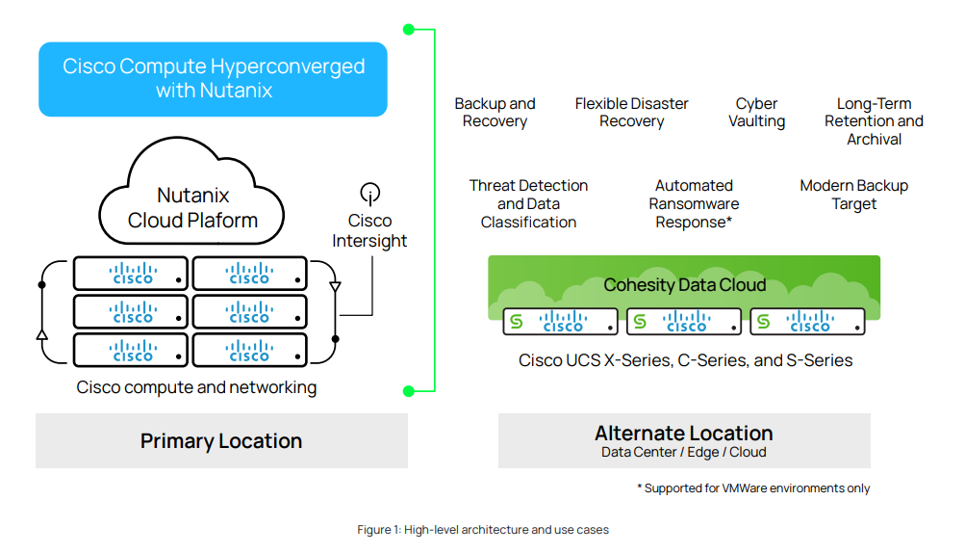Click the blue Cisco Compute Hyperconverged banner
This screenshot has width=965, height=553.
click(x=213, y=79)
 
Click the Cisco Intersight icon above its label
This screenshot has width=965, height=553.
click(x=369, y=193)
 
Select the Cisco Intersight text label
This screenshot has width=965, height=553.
click(x=369, y=231)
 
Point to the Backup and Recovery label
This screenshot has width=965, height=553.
click(x=495, y=113)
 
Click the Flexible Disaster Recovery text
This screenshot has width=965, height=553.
click(x=631, y=113)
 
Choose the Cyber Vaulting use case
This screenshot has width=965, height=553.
click(x=756, y=113)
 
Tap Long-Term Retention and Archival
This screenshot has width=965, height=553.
click(x=874, y=121)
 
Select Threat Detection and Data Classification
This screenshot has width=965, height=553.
click(x=528, y=203)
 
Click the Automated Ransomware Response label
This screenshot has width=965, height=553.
click(x=694, y=203)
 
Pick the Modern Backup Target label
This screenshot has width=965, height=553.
click(x=853, y=195)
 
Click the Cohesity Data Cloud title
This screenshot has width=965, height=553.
click(x=684, y=284)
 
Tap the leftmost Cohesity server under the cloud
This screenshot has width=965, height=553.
click(x=560, y=322)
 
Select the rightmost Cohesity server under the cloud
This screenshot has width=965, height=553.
click(x=806, y=322)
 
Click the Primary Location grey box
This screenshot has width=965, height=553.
click(x=221, y=441)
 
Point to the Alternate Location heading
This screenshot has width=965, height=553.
click(x=683, y=434)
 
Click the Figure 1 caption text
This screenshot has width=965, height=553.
click(x=482, y=529)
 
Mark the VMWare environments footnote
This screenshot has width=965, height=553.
click(x=752, y=488)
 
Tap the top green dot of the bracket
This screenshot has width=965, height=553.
click(x=408, y=30)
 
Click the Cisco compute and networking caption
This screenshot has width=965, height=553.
click(x=196, y=387)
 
